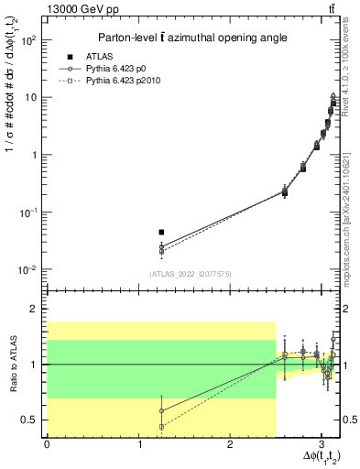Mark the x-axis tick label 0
47,443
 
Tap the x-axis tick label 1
138,443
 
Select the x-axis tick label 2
230,443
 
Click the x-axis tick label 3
322,443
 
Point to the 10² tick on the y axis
29,40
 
